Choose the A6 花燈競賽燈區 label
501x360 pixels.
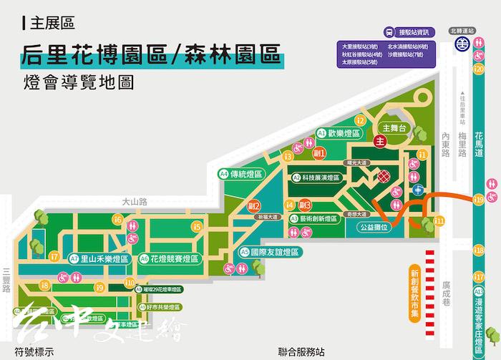(x=170, y=258)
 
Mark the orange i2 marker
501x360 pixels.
(x=361, y=120)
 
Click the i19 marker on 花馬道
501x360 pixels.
(x=478, y=200)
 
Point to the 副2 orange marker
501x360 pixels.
(x=253, y=207)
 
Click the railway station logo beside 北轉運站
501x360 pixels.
(x=463, y=44)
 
